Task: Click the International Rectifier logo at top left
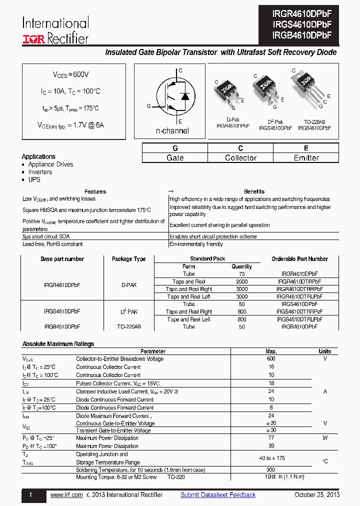point(55,30)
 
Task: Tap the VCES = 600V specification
point(71,74)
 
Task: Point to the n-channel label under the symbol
point(172,131)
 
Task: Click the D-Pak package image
point(226,93)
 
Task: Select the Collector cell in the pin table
point(240,158)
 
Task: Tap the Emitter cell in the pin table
point(306,158)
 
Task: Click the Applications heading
point(38,156)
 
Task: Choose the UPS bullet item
point(34,179)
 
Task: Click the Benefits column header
point(254,191)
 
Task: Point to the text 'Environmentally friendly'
point(196,244)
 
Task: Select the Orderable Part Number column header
point(299,259)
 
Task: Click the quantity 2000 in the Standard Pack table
point(241,281)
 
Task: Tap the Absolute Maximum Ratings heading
point(58,344)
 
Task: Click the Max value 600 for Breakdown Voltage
point(271,359)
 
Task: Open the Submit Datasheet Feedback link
point(218,495)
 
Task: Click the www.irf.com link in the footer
point(66,495)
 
